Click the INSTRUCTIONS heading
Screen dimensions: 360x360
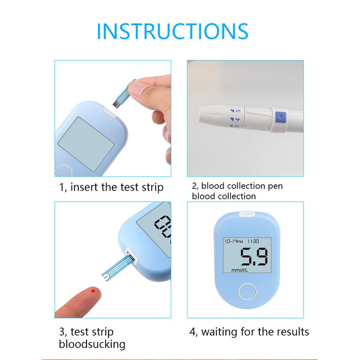pos(172,31)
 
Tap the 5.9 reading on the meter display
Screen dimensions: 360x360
pos(254,258)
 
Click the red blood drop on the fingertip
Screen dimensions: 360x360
pos(93,290)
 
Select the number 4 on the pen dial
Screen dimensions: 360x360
pos(237,120)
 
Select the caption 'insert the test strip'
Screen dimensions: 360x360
pos(111,187)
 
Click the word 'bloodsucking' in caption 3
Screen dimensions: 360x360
pos(92,344)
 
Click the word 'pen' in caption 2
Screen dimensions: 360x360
pos(275,186)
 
